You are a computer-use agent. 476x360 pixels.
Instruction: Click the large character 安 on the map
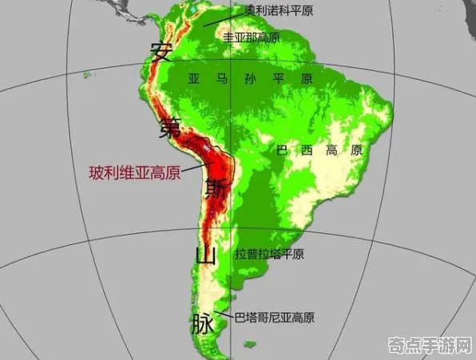point(161,53)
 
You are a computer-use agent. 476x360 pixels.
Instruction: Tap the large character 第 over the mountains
point(170,125)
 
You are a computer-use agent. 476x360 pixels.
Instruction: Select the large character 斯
point(214,188)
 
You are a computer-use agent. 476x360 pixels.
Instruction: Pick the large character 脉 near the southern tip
point(201,323)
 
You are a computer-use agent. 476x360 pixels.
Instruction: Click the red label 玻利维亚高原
point(134,172)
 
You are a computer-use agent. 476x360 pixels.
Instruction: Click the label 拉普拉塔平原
point(270,255)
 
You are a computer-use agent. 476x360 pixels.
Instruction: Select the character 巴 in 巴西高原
point(281,150)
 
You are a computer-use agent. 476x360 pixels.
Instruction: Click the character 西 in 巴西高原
point(305,150)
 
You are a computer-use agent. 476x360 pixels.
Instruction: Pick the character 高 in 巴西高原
point(331,150)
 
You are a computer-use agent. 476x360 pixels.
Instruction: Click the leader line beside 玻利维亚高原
point(195,168)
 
